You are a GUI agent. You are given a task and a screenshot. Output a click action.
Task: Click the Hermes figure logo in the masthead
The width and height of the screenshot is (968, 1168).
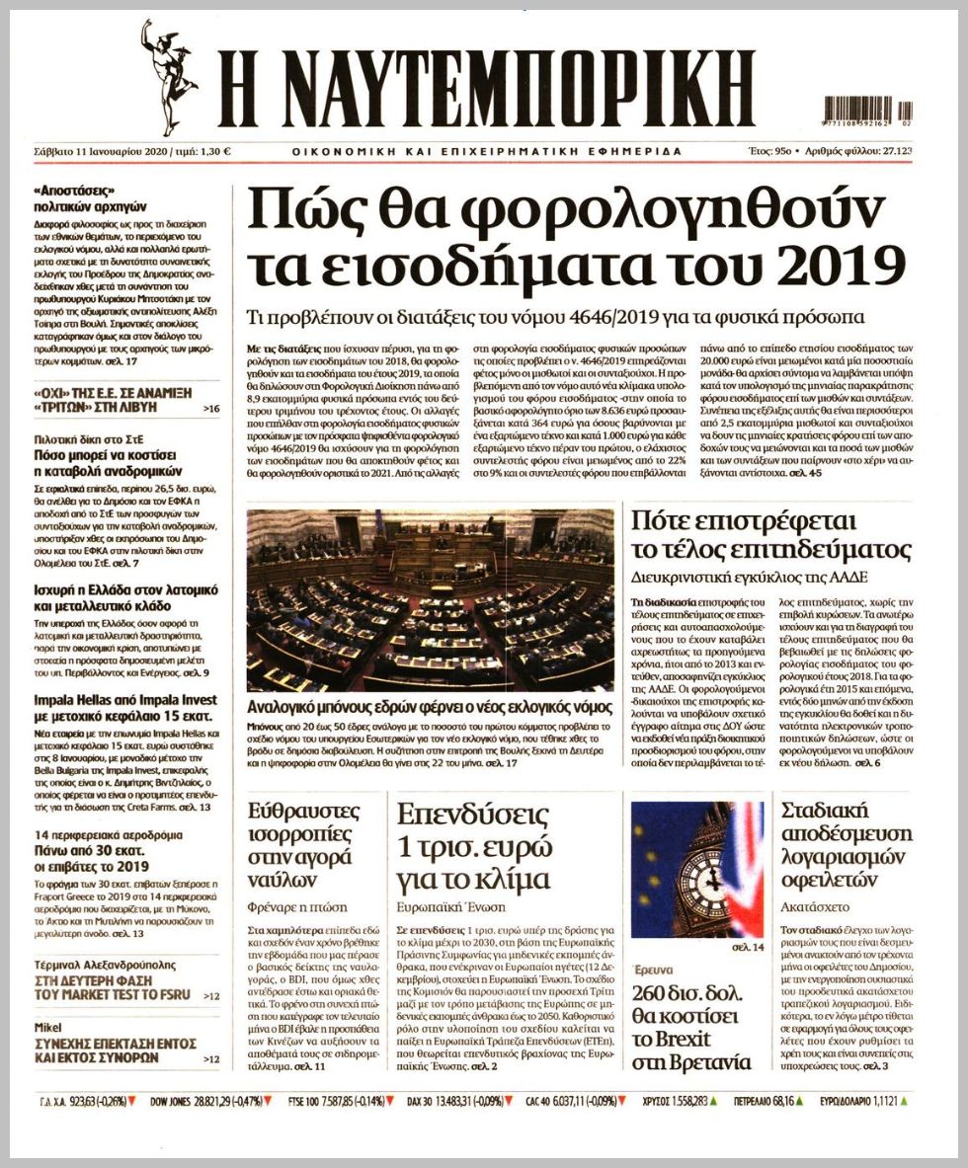coord(170,77)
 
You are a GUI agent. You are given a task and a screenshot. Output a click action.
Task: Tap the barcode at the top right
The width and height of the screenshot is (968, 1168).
coord(867,111)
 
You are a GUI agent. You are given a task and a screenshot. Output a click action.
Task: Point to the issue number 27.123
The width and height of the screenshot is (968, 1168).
coord(893,151)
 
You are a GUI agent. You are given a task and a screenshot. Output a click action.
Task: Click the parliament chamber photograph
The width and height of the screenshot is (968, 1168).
coord(430,600)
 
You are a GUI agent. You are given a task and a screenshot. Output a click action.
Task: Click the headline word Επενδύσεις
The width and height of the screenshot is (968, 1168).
coord(472,816)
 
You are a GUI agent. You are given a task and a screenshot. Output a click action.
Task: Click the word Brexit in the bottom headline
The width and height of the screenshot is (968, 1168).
coord(671,1038)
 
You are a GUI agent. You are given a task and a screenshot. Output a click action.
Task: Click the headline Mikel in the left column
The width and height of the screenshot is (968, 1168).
coord(48,1027)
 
